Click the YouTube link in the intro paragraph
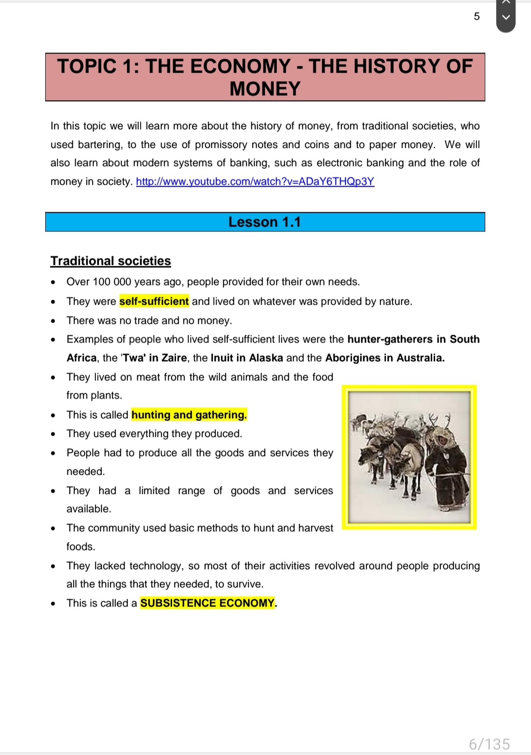255,181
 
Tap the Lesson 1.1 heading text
265,222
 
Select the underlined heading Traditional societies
111,261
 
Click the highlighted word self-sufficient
154,301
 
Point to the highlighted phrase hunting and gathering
189,415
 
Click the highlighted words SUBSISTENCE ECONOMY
207,603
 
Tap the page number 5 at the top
476,17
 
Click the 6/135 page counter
489,744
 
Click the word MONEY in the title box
265,89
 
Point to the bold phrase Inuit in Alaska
247,358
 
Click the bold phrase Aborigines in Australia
384,358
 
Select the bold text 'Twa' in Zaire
154,358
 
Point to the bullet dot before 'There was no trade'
53,321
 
